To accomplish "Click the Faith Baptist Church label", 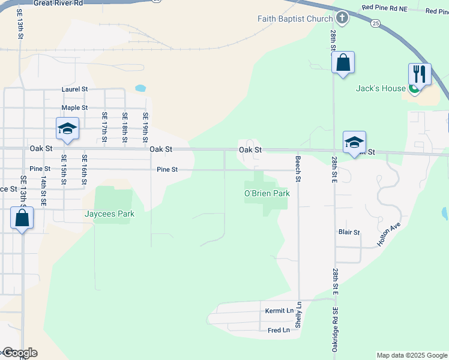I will (295, 19).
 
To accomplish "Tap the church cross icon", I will (342, 17).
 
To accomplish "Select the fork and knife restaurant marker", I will (420, 74).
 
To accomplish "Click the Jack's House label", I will (381, 88).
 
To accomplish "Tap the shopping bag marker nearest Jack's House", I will (343, 62).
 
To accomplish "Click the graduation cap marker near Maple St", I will (67, 128).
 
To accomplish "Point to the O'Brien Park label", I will (267, 193).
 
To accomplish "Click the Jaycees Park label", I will (109, 214).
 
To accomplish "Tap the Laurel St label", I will (75, 89).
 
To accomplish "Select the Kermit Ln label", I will (279, 311).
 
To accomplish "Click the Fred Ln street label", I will (279, 330).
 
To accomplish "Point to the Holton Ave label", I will (388, 235).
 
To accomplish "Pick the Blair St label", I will (349, 232).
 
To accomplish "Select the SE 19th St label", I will (145, 127).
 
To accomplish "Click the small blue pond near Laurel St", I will (140, 88).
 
